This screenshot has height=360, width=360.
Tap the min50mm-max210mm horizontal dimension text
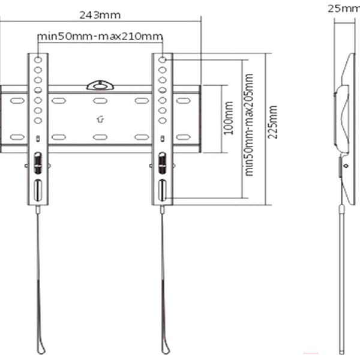(100, 37)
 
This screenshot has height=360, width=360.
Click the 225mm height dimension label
(273, 122)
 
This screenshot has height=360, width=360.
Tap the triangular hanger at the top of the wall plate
(100, 85)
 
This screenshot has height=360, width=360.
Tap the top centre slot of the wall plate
(100, 100)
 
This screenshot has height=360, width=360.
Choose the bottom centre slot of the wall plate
(100, 137)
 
